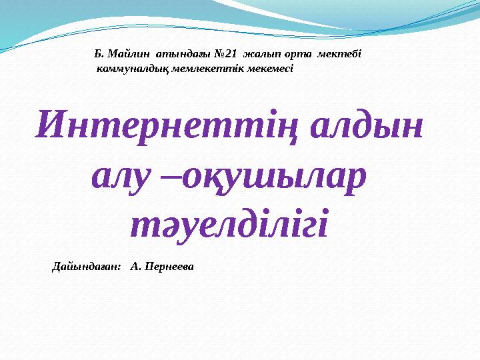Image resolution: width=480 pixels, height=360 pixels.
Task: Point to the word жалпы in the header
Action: [x=262, y=53]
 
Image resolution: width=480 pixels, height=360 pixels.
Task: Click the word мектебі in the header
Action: [x=341, y=53]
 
